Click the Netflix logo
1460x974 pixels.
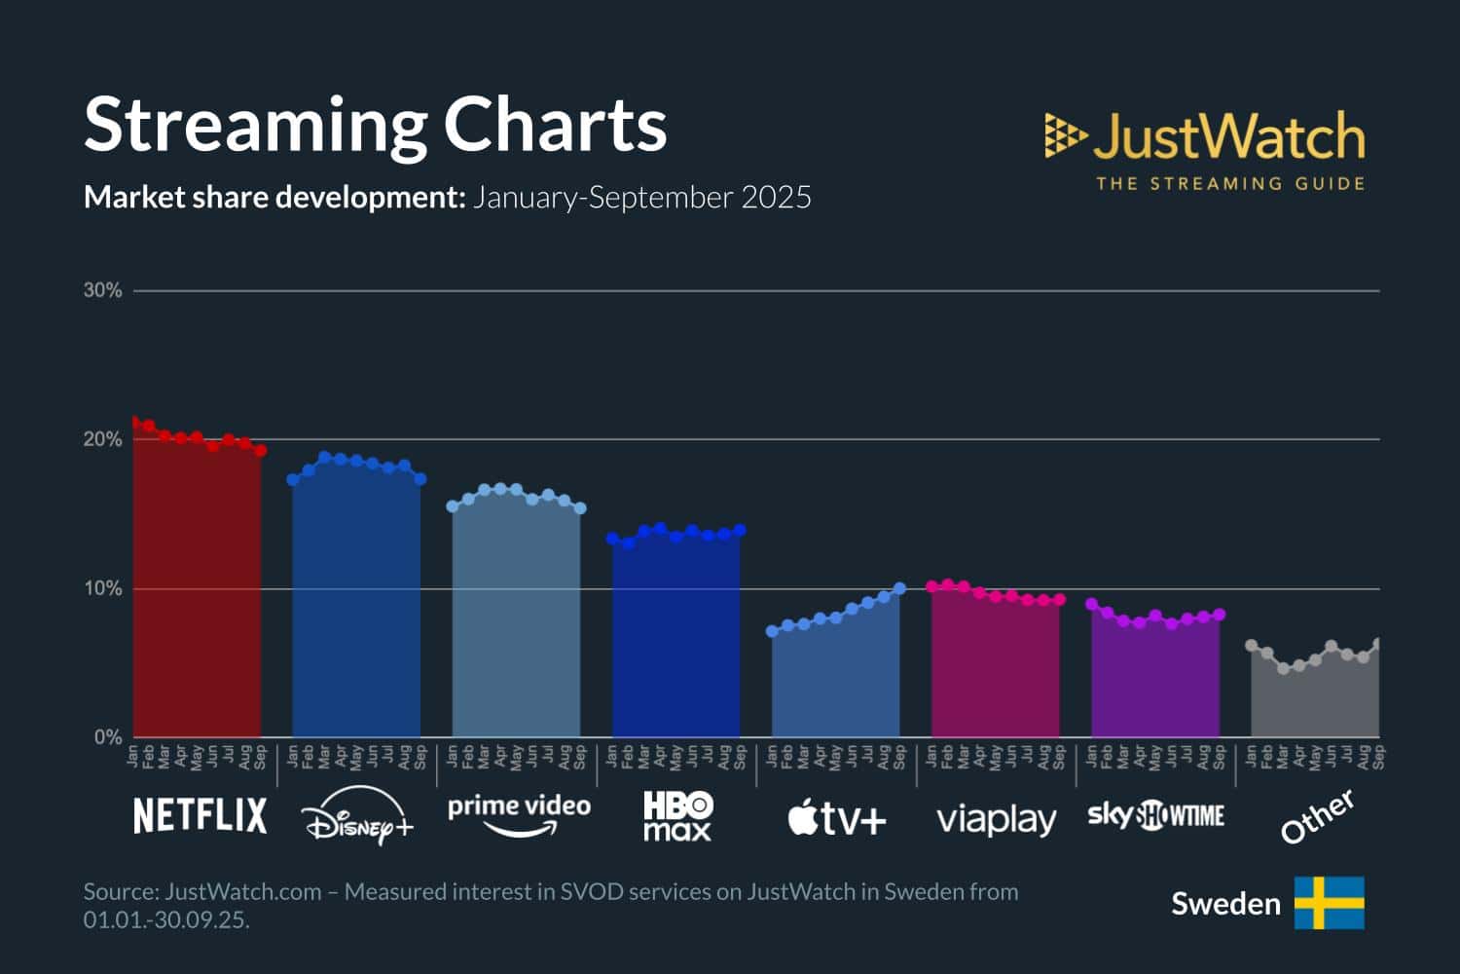pos(200,815)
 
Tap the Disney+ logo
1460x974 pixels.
pos(357,817)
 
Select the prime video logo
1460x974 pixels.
pos(519,814)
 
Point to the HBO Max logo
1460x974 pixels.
pos(677,816)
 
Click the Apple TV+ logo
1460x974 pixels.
pos(837,817)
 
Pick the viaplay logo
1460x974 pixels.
pos(996,819)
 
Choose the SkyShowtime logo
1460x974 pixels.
pos(1155,815)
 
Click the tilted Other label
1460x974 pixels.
pos(1317,816)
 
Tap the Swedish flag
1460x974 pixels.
pos(1329,903)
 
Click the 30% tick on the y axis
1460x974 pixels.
pos(102,290)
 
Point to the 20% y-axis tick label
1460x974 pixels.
pos(102,439)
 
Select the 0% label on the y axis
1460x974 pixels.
pos(107,737)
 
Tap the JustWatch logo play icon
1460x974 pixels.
pos(1065,135)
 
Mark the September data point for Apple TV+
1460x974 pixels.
pos(899,588)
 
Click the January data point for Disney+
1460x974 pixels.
pos(293,479)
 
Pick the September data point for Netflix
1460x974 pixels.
pos(261,450)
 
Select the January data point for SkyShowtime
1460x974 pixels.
pos(1091,604)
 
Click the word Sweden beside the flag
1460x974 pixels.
pos(1225,904)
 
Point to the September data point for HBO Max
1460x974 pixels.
pos(740,531)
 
